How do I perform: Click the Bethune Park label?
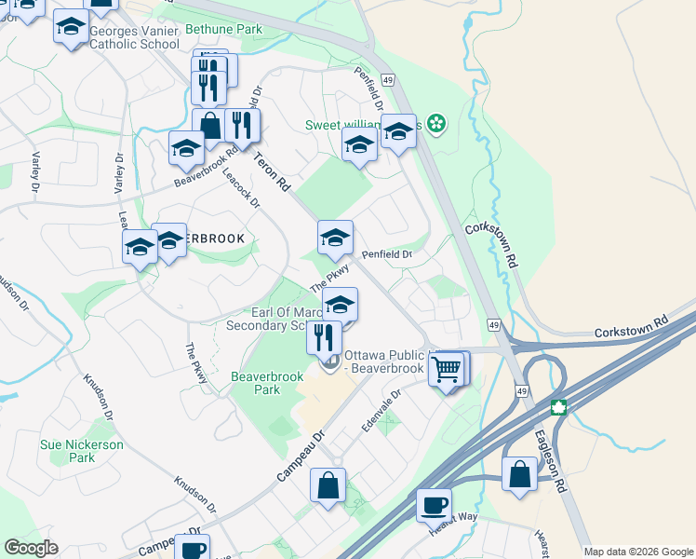click(x=224, y=30)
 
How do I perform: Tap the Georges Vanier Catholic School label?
click(x=134, y=37)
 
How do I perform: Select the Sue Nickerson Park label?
click(x=82, y=451)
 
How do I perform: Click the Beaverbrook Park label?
click(x=256, y=384)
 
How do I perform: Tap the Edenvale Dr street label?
click(x=381, y=409)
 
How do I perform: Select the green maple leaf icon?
click(x=558, y=407)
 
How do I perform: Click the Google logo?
click(x=32, y=548)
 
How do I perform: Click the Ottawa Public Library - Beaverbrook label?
click(x=386, y=361)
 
